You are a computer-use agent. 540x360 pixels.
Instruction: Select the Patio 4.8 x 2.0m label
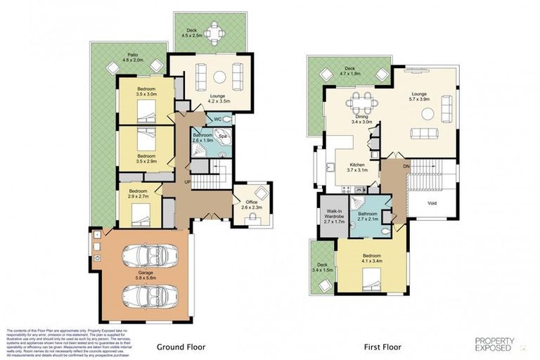[x=131, y=58]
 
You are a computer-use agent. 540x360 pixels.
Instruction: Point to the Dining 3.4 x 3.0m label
[x=361, y=120]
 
